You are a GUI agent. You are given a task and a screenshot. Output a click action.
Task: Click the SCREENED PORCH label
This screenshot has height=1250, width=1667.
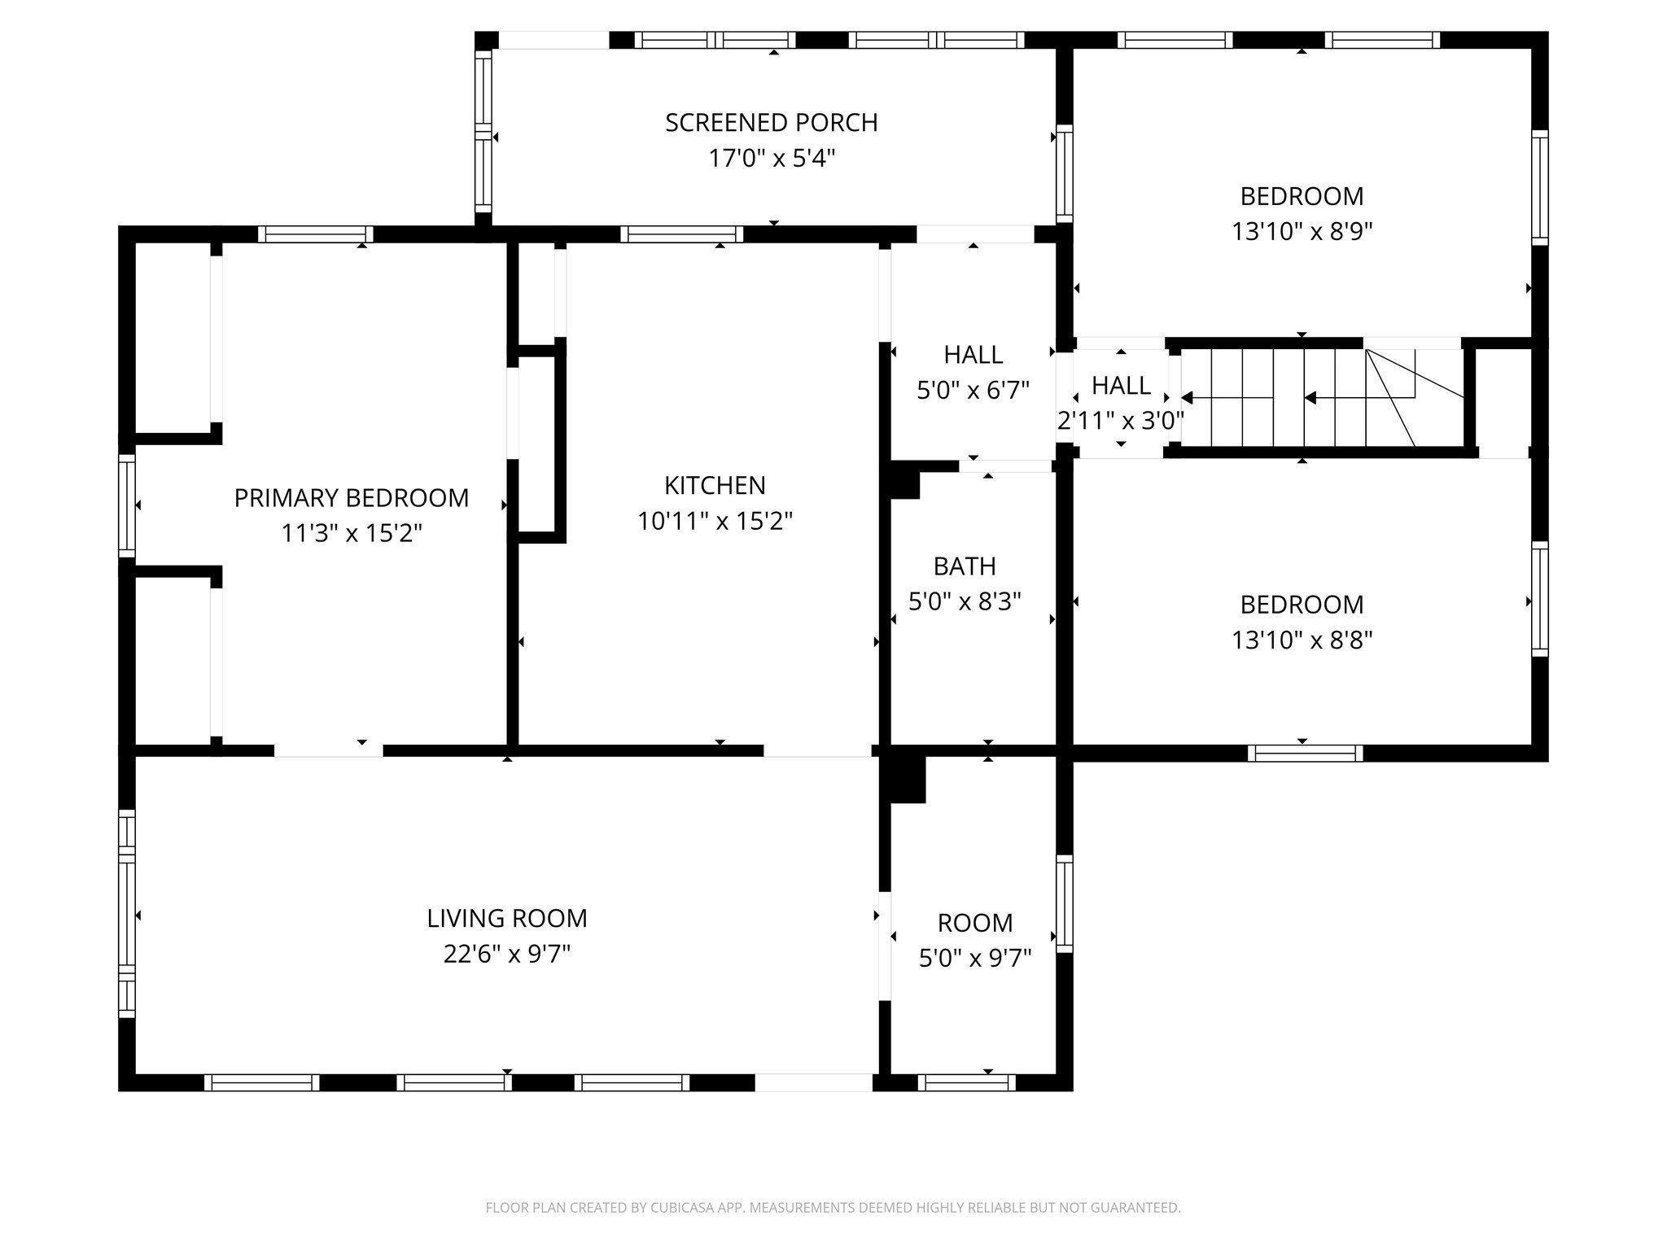771,123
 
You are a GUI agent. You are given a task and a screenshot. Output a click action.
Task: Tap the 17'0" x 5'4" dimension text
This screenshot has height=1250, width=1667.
771,158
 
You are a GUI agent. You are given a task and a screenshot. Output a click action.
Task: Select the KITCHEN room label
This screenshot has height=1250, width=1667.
715,486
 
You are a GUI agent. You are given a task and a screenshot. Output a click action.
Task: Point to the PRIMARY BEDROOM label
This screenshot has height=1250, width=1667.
352,498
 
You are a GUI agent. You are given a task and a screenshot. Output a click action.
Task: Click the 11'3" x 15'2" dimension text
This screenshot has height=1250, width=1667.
352,534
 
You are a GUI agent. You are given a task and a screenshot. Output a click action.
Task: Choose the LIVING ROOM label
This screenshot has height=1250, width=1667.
506,919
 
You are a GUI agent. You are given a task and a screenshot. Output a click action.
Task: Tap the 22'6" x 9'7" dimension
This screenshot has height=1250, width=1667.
506,954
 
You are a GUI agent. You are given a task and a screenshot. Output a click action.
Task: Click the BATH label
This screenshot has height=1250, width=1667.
965,566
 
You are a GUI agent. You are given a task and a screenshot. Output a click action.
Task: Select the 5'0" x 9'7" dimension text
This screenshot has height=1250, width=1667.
974,959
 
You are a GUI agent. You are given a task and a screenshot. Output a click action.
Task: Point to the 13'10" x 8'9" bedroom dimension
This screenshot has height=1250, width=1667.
1302,232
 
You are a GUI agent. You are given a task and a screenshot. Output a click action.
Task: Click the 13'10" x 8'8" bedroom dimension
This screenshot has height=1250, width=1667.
1302,640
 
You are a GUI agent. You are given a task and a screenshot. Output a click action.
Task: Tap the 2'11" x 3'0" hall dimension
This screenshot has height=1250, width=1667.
1120,421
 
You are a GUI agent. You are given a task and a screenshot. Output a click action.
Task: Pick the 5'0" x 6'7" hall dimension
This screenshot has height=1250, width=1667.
973,391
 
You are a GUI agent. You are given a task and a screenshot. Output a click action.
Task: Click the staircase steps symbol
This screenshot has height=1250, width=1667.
1319,398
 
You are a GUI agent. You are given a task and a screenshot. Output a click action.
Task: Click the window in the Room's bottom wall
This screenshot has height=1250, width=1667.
966,1082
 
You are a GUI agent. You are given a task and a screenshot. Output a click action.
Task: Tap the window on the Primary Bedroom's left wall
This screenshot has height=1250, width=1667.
127,505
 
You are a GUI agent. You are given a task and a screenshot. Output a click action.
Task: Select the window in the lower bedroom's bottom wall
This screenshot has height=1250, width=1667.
1305,754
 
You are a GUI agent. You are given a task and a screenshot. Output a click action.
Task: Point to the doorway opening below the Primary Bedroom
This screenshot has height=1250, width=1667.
328,750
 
